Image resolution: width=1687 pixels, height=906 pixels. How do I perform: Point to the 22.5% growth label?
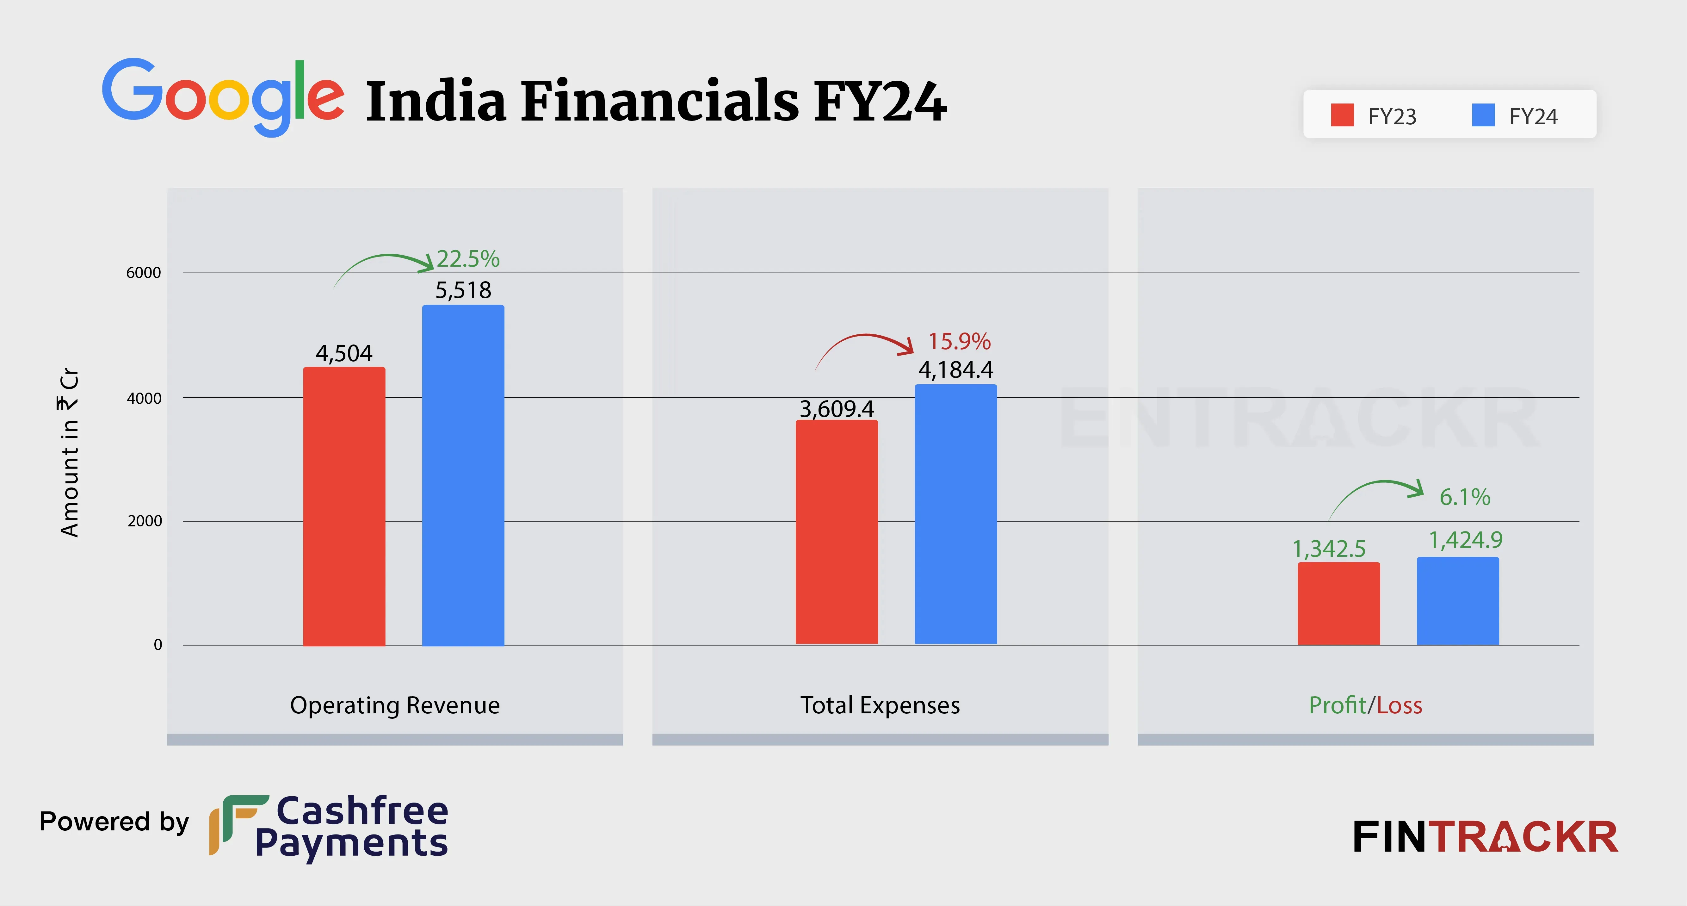[x=467, y=259]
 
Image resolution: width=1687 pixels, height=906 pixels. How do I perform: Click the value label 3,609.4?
[x=836, y=409]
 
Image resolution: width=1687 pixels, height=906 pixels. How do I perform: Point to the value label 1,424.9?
[x=1465, y=540]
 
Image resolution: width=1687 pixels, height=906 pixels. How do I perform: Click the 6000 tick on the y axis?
[x=143, y=272]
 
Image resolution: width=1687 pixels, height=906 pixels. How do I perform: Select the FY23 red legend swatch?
[x=1342, y=115]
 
